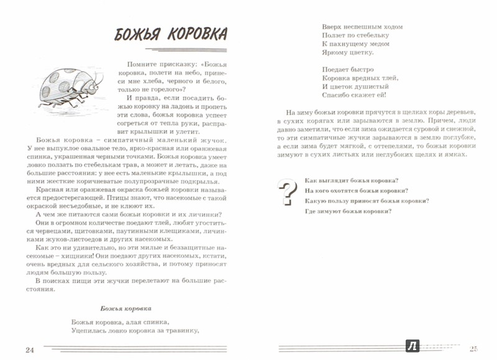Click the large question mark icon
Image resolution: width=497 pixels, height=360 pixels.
[287, 192]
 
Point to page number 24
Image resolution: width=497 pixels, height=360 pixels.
[29, 349]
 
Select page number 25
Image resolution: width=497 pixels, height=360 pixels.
[476, 349]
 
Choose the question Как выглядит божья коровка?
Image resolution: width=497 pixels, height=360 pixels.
[352, 180]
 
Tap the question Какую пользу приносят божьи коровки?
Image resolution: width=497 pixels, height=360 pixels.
[367, 201]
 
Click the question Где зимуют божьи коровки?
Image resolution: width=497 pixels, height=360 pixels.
[348, 212]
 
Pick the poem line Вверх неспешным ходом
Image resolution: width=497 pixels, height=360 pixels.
[363, 27]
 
